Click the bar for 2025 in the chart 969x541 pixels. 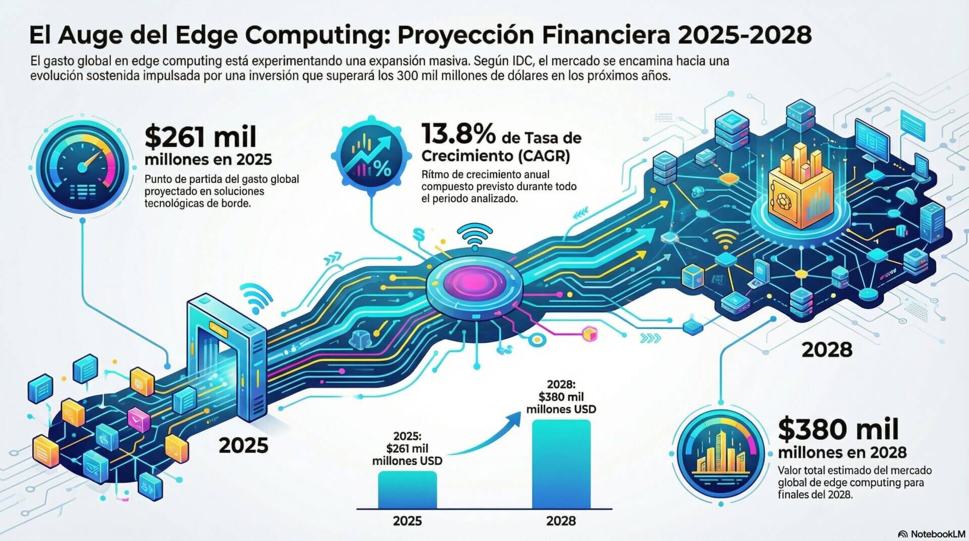pos(407,490)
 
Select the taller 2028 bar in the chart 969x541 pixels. pos(561,464)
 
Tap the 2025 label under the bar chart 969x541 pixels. pos(407,520)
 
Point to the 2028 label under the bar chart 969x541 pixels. pos(561,520)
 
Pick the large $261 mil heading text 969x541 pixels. pos(200,136)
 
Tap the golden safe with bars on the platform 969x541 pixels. pos(800,187)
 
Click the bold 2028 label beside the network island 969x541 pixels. pos(827,350)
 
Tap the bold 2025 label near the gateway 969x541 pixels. pos(243,446)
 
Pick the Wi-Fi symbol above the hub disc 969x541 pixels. pos(474,237)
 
